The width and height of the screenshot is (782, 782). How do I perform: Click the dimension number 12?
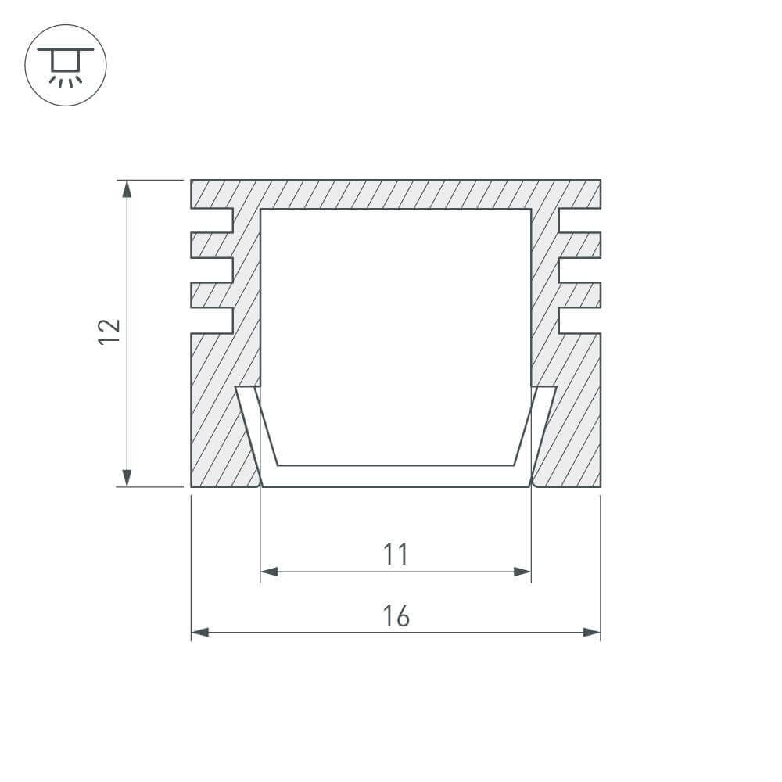tap(109, 331)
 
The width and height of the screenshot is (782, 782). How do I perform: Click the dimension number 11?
tap(396, 554)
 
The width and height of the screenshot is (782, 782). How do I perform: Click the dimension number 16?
tap(396, 616)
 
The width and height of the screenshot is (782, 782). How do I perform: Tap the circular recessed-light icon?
tap(66, 65)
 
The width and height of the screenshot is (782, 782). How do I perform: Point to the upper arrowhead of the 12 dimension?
tap(127, 188)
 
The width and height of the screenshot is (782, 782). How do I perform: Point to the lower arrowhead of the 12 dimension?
tap(127, 478)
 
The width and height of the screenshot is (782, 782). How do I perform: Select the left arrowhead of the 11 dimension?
tap(269, 572)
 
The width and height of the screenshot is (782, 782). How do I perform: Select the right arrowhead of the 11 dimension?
tap(522, 572)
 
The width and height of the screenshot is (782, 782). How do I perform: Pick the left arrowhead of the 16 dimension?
tap(200, 633)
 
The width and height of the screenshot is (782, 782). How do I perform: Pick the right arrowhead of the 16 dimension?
tap(592, 633)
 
